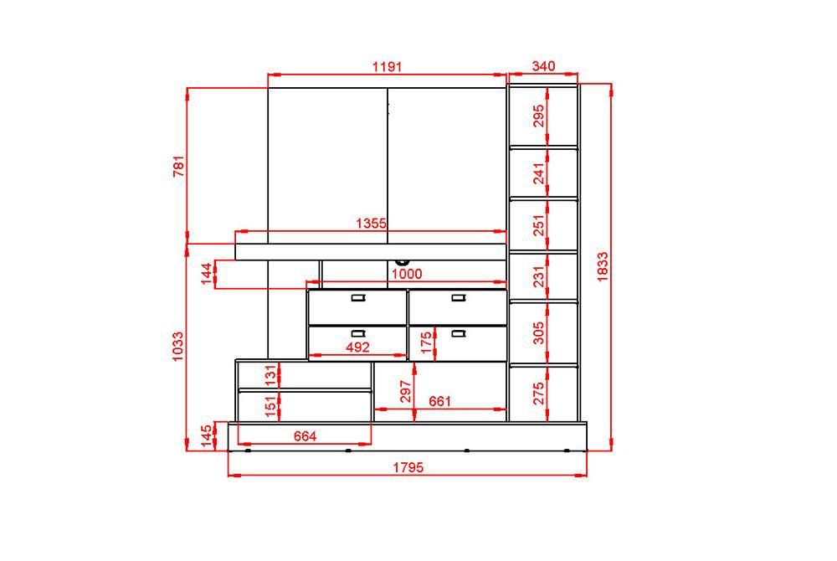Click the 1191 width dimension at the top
[387, 67]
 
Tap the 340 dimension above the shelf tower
[543, 66]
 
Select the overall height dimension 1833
[602, 266]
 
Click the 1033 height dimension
[177, 347]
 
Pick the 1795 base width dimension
[408, 467]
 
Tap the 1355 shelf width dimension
[371, 223]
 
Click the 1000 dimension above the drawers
[407, 274]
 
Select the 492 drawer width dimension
[357, 347]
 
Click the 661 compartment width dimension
[440, 401]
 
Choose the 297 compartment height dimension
[406, 391]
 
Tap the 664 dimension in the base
[305, 436]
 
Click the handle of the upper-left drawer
[357, 298]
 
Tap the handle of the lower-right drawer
[459, 333]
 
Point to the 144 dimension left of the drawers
[206, 274]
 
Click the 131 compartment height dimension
[271, 375]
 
